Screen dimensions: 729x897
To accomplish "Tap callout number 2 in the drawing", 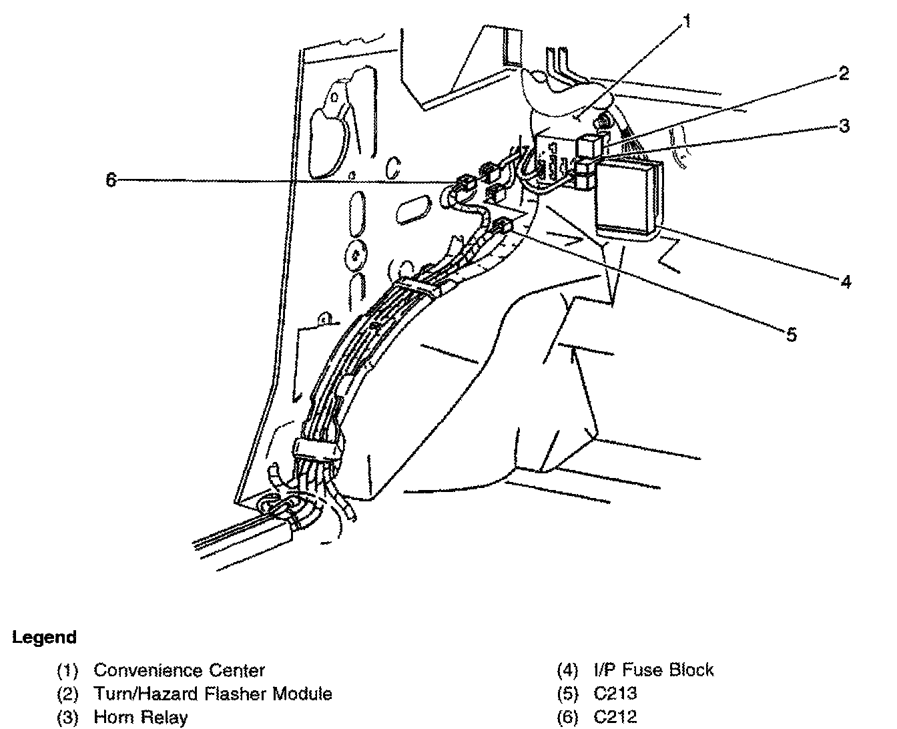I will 844,73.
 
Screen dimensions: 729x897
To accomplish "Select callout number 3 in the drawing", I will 844,125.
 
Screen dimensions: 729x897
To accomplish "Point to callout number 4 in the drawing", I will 845,282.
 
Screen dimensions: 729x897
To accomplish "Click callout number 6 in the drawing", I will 111,180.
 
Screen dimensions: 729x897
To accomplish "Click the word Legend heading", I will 44,637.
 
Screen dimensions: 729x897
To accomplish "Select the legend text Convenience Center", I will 179,670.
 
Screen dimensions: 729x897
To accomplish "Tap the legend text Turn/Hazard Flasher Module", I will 212,694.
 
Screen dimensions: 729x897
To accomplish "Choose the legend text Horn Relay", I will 140,718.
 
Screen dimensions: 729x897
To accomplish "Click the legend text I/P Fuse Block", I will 653,670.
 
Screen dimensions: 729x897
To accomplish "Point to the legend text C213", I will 615,694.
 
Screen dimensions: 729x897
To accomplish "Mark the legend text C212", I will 615,718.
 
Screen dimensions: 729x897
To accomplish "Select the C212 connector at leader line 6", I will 465,182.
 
